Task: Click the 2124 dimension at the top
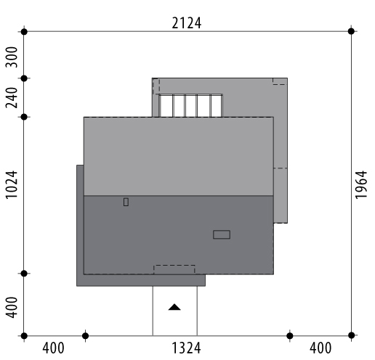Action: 187,23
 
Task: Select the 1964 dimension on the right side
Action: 361,185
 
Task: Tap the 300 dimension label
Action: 12,57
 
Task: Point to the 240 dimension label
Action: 12,98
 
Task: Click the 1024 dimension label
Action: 12,185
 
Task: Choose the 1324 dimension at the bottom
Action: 186,348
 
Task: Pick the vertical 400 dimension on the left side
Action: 12,308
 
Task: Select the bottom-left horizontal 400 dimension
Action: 53,348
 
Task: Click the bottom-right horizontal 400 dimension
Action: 320,348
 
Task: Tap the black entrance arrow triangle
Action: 174,307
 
